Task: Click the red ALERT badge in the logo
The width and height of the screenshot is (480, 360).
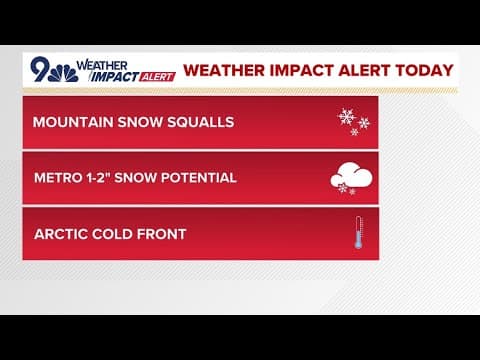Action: [x=157, y=77]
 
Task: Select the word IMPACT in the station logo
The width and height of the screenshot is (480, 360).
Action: [x=113, y=76]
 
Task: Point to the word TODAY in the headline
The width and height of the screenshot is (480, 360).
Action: [x=424, y=71]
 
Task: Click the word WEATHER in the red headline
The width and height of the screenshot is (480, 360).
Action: [x=224, y=71]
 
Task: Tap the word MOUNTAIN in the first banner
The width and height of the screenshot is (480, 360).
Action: [x=71, y=123]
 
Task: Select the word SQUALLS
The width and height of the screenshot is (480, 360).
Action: [x=199, y=123]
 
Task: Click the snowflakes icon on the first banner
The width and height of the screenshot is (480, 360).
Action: [x=353, y=121]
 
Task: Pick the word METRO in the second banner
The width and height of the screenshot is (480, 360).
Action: [x=56, y=179]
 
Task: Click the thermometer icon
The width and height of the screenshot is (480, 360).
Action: [x=357, y=233]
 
